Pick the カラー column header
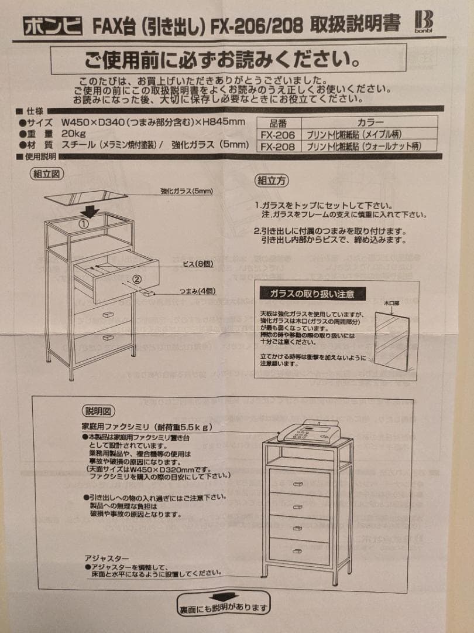pyautogui.click(x=369, y=123)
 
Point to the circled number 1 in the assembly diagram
pyautogui.click(x=84, y=223)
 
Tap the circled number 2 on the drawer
pyautogui.click(x=137, y=280)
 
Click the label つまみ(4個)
pyautogui.click(x=198, y=291)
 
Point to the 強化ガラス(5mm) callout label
pyautogui.click(x=186, y=191)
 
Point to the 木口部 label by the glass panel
pyautogui.click(x=391, y=304)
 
